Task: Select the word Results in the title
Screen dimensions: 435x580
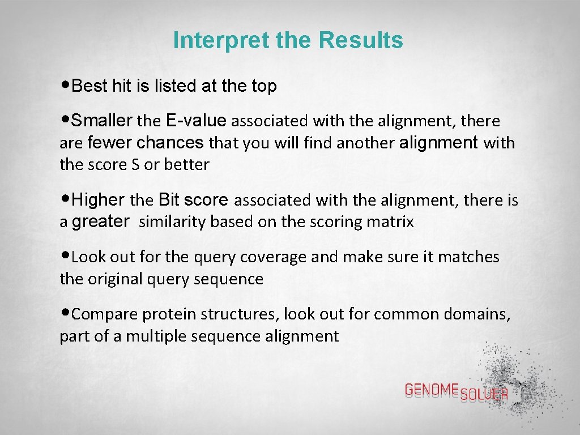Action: (361, 41)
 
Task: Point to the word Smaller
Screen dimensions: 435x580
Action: (103, 121)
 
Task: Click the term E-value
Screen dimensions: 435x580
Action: (197, 121)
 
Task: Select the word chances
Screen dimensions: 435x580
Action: (170, 143)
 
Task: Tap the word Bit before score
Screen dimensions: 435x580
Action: (169, 200)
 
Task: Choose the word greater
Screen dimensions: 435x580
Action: (100, 221)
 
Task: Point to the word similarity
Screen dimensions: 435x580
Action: (172, 222)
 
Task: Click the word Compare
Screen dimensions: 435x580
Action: (105, 314)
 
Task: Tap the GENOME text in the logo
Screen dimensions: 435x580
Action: (432, 389)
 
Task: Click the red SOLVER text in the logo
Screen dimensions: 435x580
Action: (484, 395)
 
